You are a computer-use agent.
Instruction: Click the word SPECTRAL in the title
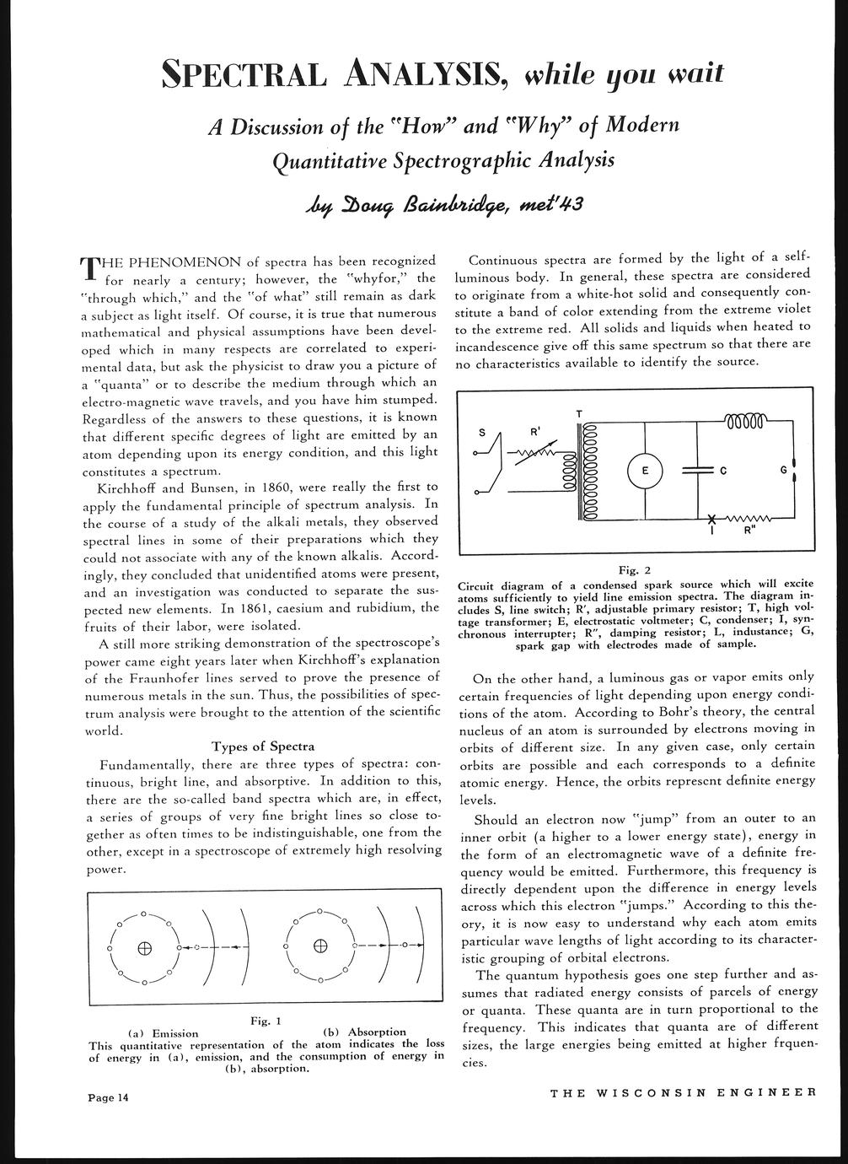244,77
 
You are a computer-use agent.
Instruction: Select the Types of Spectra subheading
263,746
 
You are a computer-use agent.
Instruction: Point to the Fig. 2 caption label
635,569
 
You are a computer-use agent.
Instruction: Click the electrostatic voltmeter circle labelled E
645,471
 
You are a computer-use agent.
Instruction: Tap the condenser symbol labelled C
698,471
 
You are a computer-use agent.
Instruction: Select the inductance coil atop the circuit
745,419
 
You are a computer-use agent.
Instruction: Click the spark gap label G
784,469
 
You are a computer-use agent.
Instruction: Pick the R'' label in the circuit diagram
749,532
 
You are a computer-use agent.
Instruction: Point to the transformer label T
579,412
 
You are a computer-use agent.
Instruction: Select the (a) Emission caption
163,1032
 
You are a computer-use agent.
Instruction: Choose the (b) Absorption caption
364,1032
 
